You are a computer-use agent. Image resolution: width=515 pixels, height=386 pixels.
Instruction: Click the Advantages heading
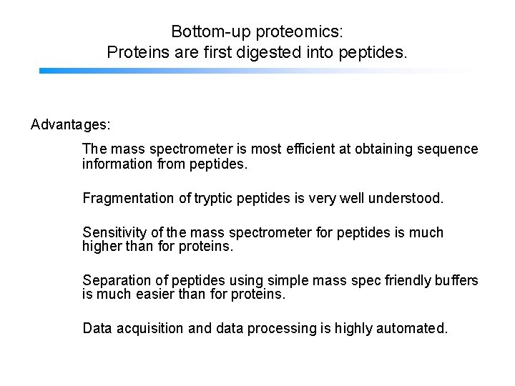71,125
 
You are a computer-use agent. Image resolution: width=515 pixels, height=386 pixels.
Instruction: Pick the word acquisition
149,329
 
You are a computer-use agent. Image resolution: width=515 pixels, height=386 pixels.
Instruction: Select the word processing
280,329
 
